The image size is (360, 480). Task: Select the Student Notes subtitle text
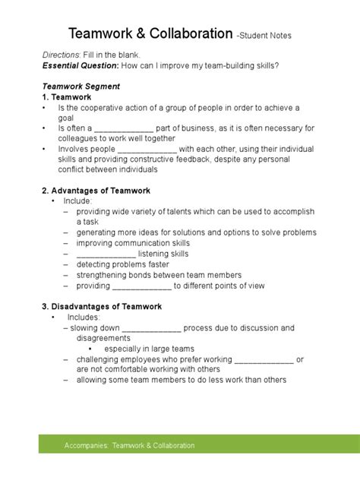tap(264, 36)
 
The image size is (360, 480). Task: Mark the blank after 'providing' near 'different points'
tap(141, 286)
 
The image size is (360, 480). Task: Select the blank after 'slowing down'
tap(151, 328)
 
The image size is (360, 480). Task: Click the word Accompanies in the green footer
tap(87, 446)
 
